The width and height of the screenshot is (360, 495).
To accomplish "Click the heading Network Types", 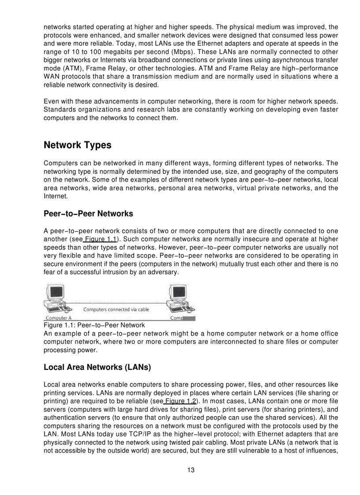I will (x=78, y=145).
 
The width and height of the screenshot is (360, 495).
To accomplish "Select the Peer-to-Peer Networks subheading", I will (x=88, y=214).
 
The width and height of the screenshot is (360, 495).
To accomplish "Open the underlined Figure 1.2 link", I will (x=180, y=401).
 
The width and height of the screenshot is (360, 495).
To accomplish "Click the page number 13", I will (x=191, y=470).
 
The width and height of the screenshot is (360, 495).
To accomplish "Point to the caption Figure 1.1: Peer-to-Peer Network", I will (x=94, y=325).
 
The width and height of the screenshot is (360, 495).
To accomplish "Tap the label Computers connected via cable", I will (x=116, y=309).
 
